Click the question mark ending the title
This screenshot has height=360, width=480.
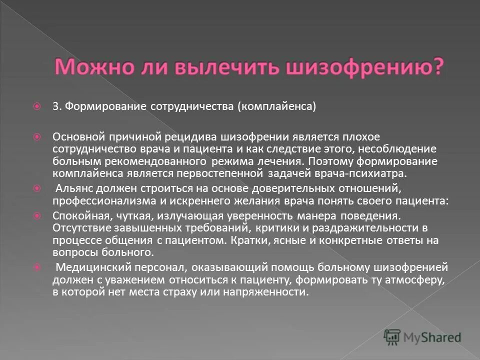click(437, 66)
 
